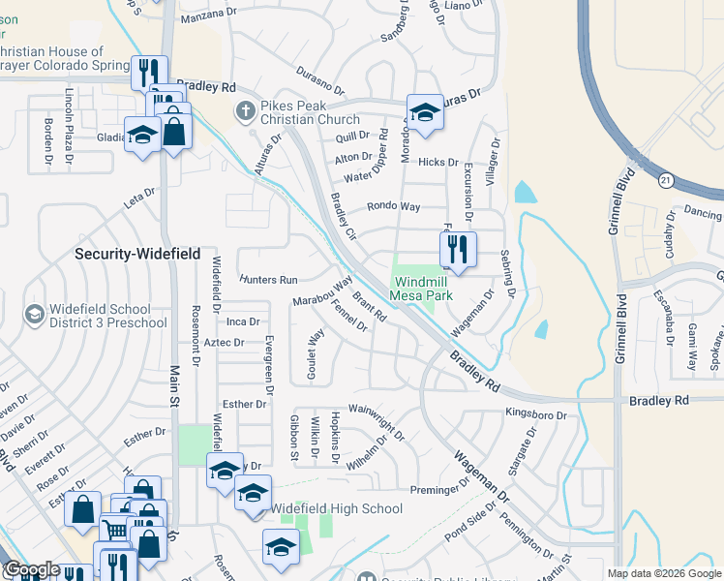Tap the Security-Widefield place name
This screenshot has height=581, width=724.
pyautogui.click(x=138, y=254)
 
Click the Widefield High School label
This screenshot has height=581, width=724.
pyautogui.click(x=336, y=508)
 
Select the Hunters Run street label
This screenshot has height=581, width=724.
pyautogui.click(x=268, y=279)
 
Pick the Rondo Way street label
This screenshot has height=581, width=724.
pyautogui.click(x=393, y=206)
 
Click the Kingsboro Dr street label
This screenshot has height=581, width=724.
pyautogui.click(x=535, y=413)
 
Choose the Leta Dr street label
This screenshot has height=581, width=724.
pyautogui.click(x=138, y=198)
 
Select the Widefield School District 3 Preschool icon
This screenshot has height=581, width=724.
pyautogui.click(x=35, y=315)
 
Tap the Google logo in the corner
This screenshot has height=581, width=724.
pyautogui.click(x=32, y=569)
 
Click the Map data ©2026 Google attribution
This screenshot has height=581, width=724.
pyautogui.click(x=664, y=573)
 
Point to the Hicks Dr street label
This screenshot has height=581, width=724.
pyautogui.click(x=438, y=163)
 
